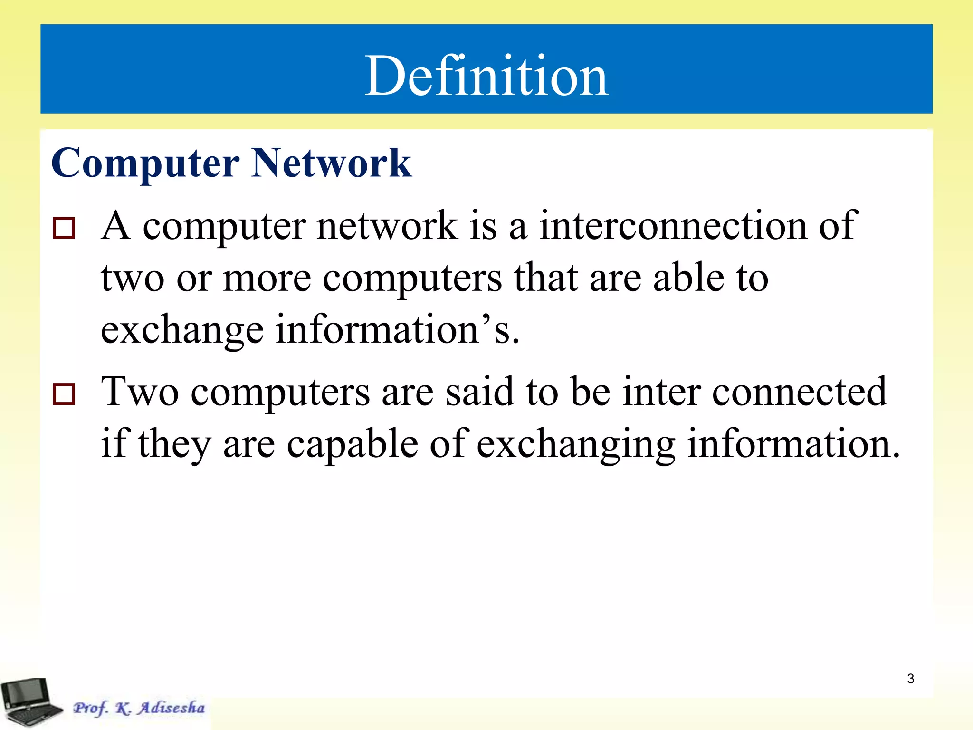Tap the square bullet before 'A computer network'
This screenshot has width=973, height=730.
pyautogui.click(x=64, y=228)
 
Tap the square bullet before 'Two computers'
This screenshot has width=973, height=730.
pyautogui.click(x=64, y=394)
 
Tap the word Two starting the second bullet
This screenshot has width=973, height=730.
pyautogui.click(x=140, y=392)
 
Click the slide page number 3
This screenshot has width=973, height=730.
pyautogui.click(x=910, y=679)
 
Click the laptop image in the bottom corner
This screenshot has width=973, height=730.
pyautogui.click(x=31, y=702)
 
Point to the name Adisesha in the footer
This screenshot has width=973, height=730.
pyautogui.click(x=172, y=708)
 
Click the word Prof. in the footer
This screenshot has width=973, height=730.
pyautogui.click(x=90, y=708)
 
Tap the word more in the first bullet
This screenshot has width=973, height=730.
pyautogui.click(x=267, y=278)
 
